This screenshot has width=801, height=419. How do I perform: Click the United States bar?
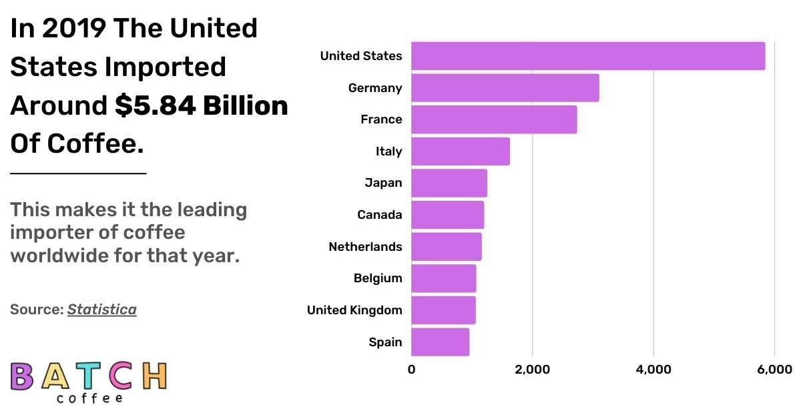(x=587, y=56)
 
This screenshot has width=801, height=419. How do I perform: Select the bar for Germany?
(x=505, y=88)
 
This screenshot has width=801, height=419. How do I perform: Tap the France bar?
(x=493, y=119)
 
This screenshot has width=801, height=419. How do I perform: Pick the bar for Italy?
(x=460, y=151)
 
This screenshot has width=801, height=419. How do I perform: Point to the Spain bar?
(x=440, y=342)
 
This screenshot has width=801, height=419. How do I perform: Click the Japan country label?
(x=383, y=183)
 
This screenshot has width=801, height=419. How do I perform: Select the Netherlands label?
(x=365, y=247)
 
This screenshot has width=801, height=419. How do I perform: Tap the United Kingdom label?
(x=354, y=310)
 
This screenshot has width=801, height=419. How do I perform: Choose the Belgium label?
(x=378, y=278)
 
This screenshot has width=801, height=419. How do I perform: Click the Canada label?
(x=379, y=215)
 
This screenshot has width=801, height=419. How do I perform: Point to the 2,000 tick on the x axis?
(x=532, y=370)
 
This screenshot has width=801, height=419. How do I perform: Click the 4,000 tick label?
(x=653, y=370)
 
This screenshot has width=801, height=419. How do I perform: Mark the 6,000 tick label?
(x=774, y=370)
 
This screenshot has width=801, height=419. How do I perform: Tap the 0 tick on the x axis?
(x=411, y=370)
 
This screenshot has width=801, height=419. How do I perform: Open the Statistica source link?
(x=101, y=310)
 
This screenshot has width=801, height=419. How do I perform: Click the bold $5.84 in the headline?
(x=154, y=105)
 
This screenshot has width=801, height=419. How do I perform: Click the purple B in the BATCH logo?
(x=22, y=376)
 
